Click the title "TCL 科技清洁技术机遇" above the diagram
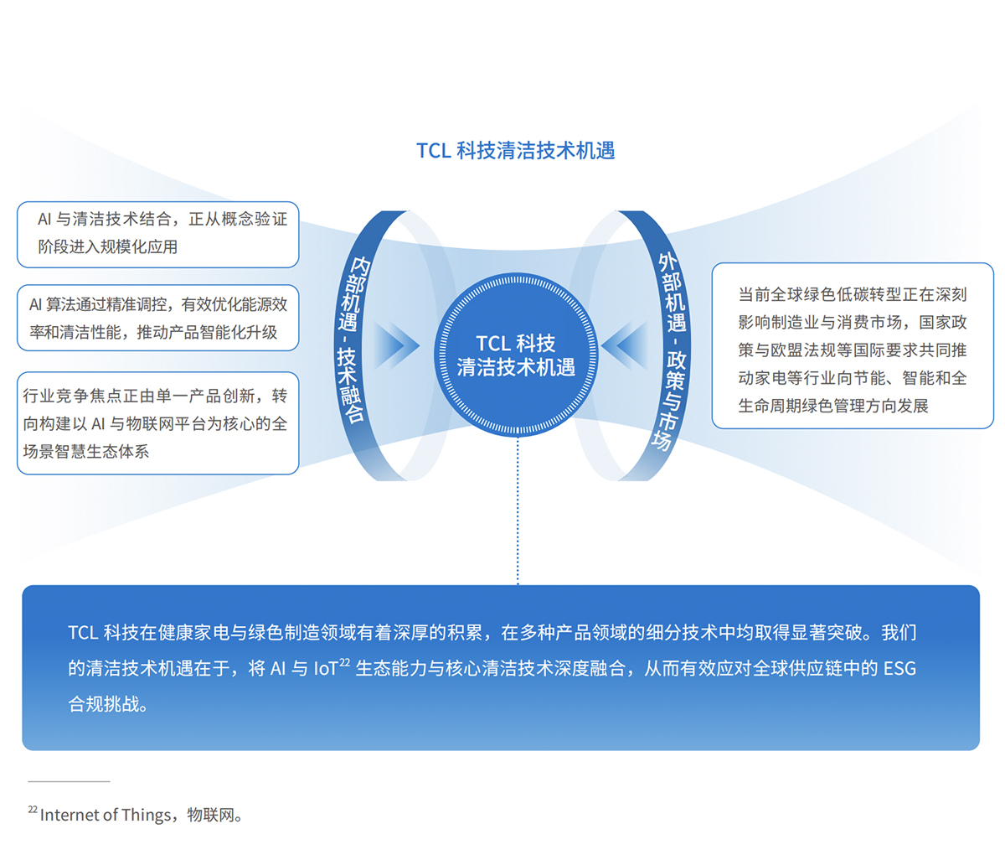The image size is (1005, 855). [516, 151]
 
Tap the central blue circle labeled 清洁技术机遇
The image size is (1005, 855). [516, 355]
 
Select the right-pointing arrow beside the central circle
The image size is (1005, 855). [395, 345]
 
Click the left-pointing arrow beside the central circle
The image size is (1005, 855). [625, 345]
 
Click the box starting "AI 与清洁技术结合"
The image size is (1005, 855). [157, 234]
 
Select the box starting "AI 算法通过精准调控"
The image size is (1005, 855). [157, 318]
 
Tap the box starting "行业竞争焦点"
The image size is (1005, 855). [157, 423]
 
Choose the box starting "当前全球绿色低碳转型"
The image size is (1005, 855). [852, 350]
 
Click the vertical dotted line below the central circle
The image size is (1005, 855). [518, 511]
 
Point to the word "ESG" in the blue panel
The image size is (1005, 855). [899, 669]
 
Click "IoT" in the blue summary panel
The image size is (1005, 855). [325, 669]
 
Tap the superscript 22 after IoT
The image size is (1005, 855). [344, 662]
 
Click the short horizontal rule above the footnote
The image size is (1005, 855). [69, 781]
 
